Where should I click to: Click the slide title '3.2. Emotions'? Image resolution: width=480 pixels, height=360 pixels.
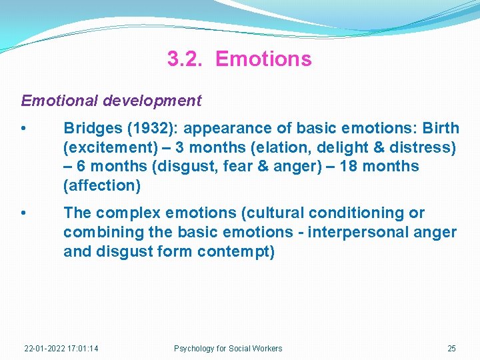[x=239, y=59]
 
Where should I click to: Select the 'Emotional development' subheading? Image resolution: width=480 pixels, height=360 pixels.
[x=111, y=101]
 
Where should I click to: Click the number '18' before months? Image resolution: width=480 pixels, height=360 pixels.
[x=349, y=167]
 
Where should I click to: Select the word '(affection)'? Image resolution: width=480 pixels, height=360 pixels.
[x=102, y=186]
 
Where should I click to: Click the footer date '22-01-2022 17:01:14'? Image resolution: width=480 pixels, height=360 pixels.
[x=61, y=349]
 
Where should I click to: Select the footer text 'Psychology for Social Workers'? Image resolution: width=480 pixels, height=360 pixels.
[x=228, y=349]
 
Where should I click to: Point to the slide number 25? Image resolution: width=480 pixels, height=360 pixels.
[x=451, y=349]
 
